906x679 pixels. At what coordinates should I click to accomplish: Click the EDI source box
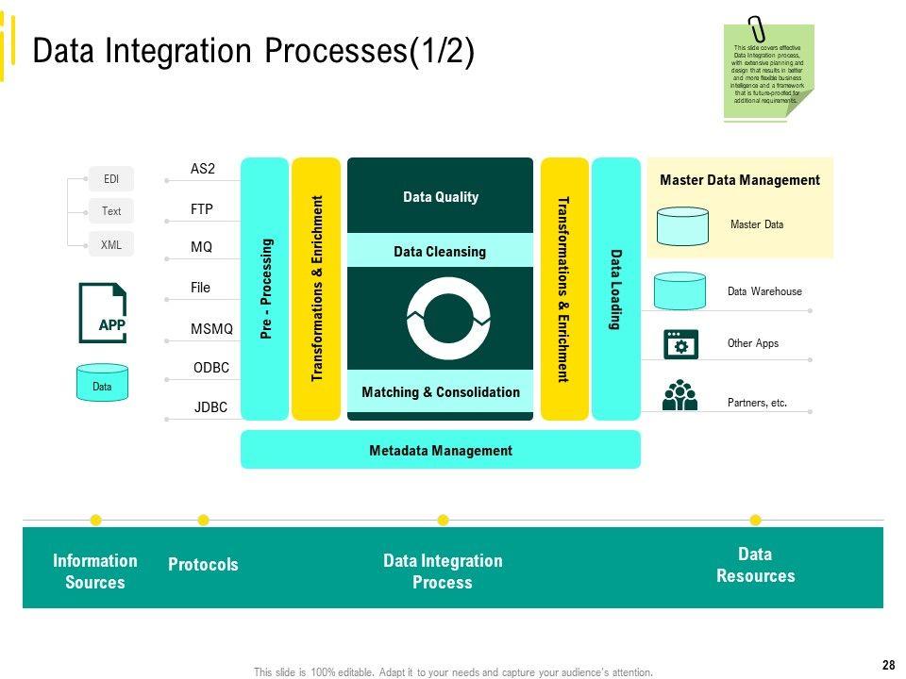(x=111, y=178)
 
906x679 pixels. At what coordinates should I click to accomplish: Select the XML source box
(x=111, y=244)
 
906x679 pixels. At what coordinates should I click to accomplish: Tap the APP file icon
(x=103, y=313)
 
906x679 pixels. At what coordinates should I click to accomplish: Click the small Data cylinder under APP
(x=102, y=383)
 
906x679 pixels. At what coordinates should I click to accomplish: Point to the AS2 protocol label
(x=203, y=170)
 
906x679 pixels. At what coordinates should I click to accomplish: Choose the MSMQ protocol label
(x=211, y=329)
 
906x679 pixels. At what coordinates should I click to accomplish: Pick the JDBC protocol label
(x=210, y=408)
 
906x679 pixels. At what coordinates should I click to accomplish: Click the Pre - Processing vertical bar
(x=265, y=288)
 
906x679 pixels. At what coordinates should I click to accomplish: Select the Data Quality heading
(x=441, y=197)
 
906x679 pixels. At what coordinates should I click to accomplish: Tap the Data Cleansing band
(x=440, y=252)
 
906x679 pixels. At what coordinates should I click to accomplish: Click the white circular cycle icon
(x=448, y=319)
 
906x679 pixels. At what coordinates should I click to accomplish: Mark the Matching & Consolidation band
(x=441, y=392)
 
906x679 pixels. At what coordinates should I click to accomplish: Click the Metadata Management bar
(x=441, y=450)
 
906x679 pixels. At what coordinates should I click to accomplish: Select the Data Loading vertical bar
(x=615, y=288)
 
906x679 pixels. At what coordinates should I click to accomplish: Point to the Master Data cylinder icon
(x=682, y=225)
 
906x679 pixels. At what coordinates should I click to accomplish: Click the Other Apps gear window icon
(x=680, y=344)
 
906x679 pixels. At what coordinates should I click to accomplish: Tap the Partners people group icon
(x=679, y=395)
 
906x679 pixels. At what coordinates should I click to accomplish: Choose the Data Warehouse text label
(x=764, y=292)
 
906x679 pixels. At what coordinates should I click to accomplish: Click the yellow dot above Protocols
(x=204, y=520)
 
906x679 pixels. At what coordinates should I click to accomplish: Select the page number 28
(x=888, y=666)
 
